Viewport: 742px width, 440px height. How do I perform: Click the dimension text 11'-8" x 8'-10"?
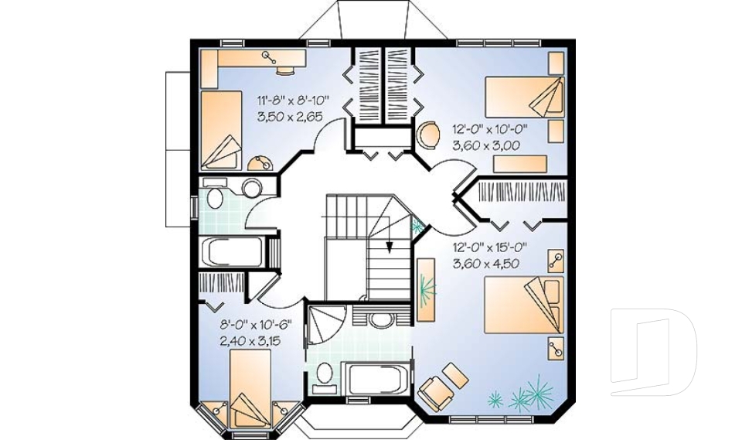[293, 99]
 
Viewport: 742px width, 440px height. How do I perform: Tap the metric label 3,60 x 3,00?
[485, 145]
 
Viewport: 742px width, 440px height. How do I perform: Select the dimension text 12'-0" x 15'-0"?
[489, 248]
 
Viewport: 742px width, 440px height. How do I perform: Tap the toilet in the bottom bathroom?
[325, 373]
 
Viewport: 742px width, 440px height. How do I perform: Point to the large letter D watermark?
[653, 352]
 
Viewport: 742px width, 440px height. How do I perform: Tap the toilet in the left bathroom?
[215, 198]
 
